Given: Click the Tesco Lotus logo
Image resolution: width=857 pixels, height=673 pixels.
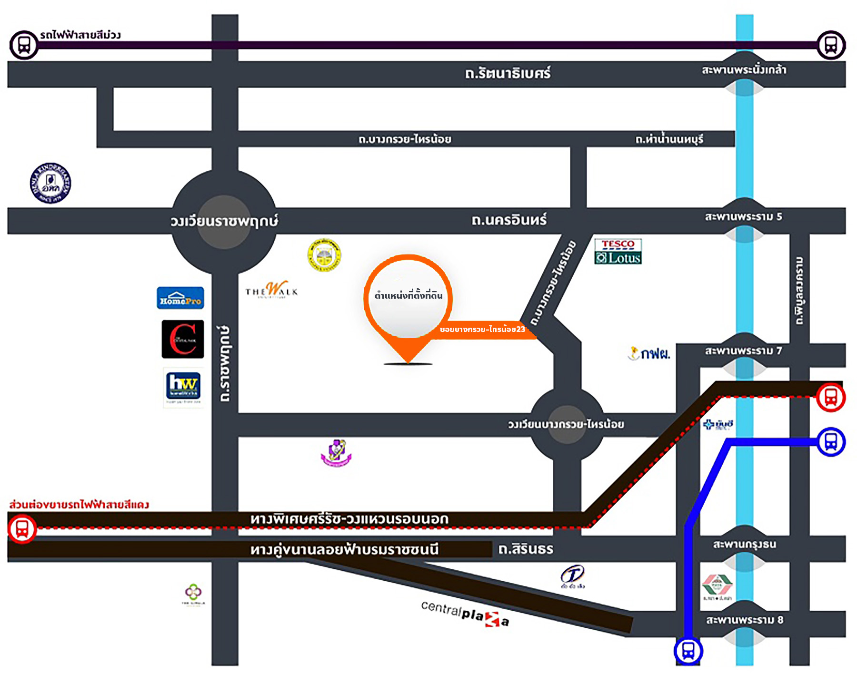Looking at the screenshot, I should coord(618,251).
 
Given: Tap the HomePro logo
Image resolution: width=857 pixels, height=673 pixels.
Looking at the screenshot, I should coord(180,298).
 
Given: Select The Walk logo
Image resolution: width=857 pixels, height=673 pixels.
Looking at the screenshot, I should coord(272,289).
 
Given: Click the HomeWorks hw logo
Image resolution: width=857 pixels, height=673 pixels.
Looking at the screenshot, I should coord(183,385).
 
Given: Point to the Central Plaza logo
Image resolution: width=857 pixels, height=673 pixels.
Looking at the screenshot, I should coord(465,614).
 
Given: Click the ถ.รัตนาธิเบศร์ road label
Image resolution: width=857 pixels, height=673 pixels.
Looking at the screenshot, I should coord(508,74).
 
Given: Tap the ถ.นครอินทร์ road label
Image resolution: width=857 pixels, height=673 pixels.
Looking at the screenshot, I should coord(509,220).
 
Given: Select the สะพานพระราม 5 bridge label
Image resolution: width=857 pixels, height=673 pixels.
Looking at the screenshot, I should coord(743,217).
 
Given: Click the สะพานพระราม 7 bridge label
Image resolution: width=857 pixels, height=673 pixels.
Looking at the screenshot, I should coord(743,351).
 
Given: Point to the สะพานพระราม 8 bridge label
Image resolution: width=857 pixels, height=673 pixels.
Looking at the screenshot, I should coord(744,620).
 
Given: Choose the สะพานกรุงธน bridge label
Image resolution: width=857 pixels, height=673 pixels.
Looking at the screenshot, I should coord(744,544).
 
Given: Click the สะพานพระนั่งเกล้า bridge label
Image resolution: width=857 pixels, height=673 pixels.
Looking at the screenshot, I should coord(744,70).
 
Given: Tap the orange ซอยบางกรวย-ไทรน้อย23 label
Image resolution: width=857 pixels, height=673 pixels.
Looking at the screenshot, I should coord(482,329).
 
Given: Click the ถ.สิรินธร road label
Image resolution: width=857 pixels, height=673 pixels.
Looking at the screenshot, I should coord(526,549).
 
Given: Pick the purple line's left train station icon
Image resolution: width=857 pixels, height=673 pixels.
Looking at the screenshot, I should coord(24,45).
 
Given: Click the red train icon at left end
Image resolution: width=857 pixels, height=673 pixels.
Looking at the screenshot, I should coord(22,529).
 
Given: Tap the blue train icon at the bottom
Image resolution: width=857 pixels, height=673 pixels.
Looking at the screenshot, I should coord(688,651).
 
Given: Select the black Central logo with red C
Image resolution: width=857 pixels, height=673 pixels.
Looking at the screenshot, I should coord(183,339).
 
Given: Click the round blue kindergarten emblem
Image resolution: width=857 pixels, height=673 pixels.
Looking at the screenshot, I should coord(50,183).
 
